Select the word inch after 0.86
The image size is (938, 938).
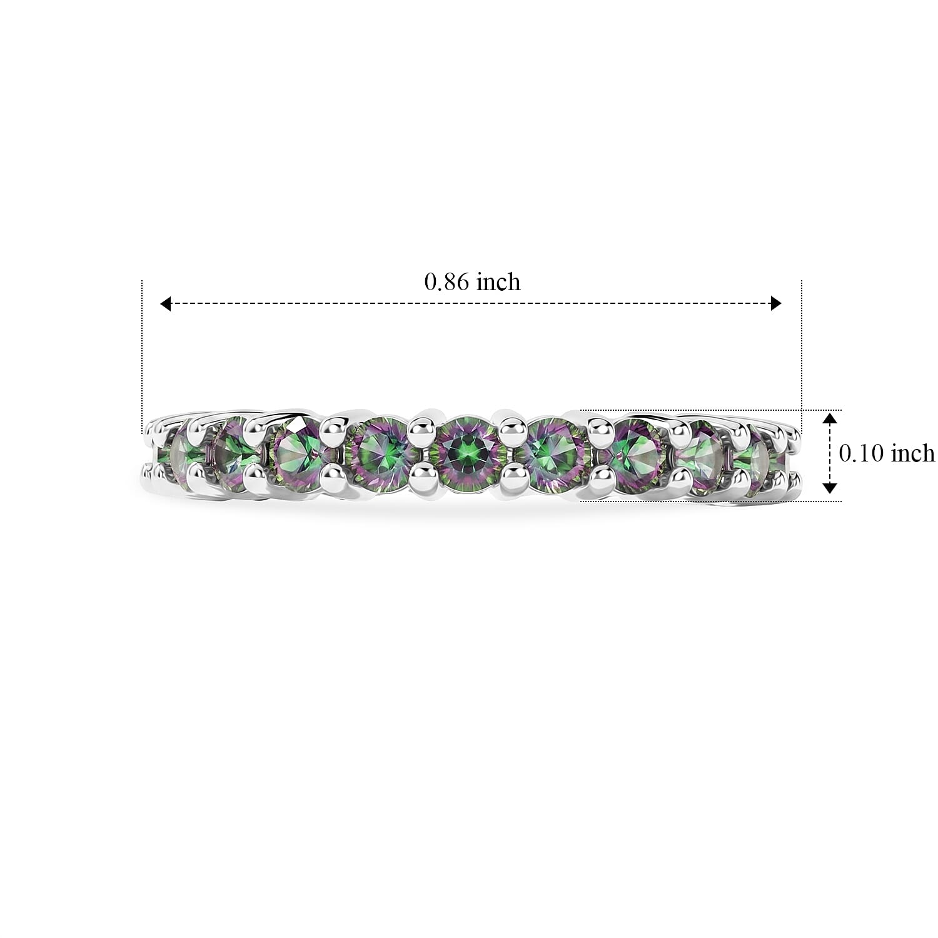click(498, 282)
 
